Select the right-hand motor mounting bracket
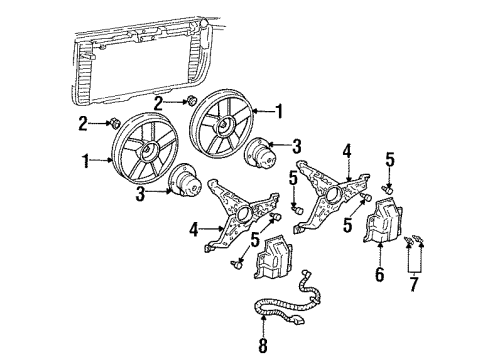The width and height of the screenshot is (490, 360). [330, 196]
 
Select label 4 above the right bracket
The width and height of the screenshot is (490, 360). [346, 152]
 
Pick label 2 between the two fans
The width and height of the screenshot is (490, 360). [160, 103]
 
